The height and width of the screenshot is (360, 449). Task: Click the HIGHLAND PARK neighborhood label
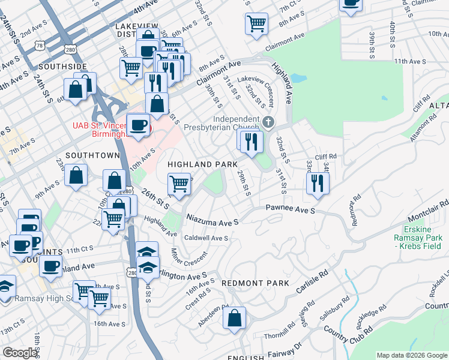click(202, 164)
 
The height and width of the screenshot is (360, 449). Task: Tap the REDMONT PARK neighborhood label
click(255, 283)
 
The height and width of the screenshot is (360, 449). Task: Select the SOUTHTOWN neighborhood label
click(93, 155)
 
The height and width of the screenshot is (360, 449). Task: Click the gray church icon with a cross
click(268, 122)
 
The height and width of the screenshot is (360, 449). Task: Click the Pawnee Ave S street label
click(291, 211)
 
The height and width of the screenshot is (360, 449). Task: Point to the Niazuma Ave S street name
click(212, 220)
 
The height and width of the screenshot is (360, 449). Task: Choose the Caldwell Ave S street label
click(206, 238)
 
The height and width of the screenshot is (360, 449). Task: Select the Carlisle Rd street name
click(312, 282)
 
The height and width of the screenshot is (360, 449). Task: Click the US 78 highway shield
click(40, 46)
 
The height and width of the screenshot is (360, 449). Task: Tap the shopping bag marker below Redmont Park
click(235, 318)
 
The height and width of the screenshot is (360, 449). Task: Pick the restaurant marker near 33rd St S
click(318, 183)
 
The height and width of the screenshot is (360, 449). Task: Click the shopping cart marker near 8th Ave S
click(256, 24)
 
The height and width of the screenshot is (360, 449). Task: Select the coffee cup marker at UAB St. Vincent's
click(139, 125)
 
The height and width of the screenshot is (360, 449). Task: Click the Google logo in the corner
click(19, 353)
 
